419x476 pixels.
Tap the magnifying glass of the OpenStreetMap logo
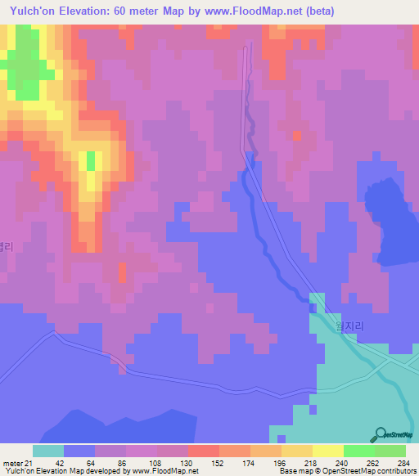380,433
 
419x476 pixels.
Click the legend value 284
402,462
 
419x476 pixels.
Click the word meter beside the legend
11,462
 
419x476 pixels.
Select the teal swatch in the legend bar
48,451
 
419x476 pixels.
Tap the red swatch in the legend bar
204,451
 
